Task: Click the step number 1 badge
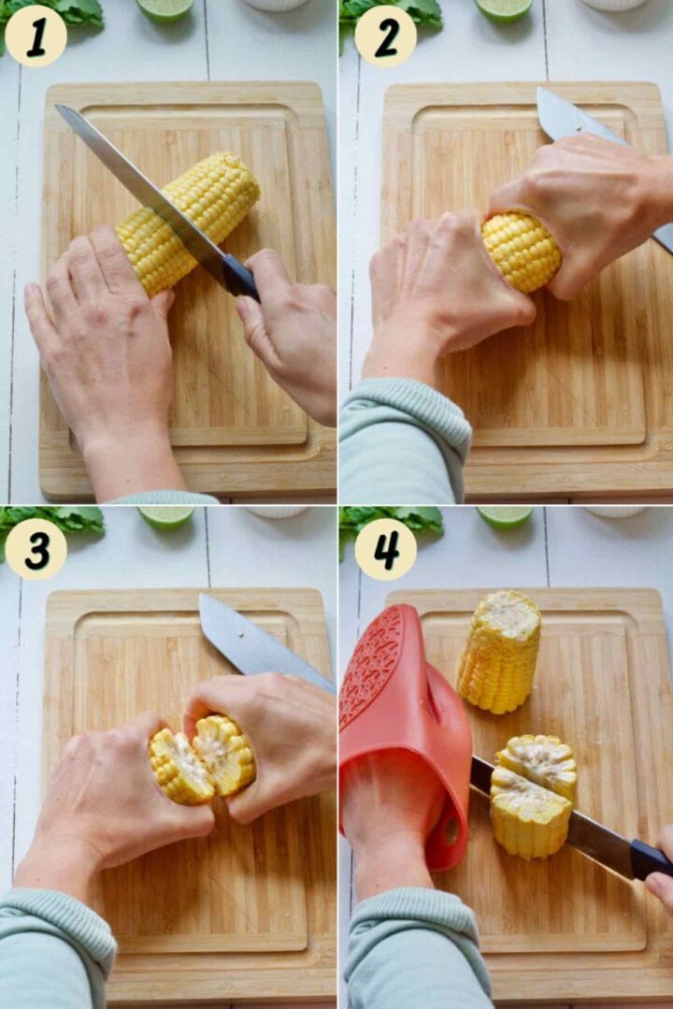coord(36,36)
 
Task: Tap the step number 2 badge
coord(385,36)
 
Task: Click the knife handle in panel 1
coord(240,278)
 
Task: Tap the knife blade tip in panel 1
coord(57,107)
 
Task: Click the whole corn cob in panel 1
coord(188,222)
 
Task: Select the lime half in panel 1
coord(165,10)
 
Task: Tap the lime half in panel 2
coord(504,10)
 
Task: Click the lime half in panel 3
coord(166,516)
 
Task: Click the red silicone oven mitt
coord(406,733)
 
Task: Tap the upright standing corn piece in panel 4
coord(499,651)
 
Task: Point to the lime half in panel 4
coord(505,516)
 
